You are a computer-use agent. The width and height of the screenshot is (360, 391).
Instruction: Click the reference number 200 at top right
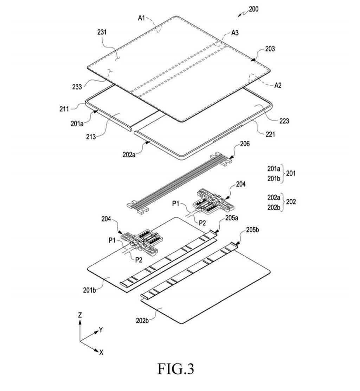tap(253, 9)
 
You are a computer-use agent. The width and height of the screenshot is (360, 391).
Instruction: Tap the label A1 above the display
tap(141, 18)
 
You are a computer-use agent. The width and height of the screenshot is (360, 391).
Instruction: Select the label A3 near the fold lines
tap(235, 33)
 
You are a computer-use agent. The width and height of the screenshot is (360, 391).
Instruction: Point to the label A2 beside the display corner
tap(278, 85)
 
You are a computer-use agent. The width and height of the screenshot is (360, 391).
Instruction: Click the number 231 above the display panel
tap(102, 32)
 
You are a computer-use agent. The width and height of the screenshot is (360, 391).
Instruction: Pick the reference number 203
tap(270, 49)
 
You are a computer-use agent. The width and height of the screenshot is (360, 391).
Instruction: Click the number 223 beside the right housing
tap(284, 121)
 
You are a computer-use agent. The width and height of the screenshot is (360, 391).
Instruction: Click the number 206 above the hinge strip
tap(245, 144)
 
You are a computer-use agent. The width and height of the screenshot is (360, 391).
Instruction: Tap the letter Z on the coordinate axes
tap(80, 315)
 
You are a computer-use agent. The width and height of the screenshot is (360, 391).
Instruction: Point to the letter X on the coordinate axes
tap(101, 352)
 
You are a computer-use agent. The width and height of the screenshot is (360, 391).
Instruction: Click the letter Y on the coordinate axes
tap(101, 330)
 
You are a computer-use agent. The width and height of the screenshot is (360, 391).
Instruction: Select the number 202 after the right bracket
tap(291, 202)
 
